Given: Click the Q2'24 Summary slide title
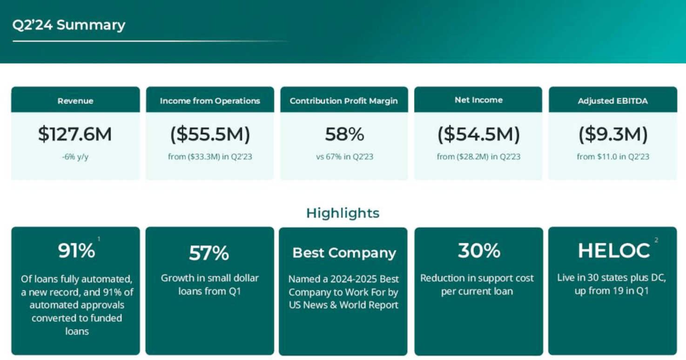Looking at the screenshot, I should pyautogui.click(x=69, y=25).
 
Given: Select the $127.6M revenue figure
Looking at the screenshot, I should pyautogui.click(x=75, y=134).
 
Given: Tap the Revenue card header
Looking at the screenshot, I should pyautogui.click(x=75, y=101).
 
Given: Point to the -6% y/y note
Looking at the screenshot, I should pyautogui.click(x=75, y=157).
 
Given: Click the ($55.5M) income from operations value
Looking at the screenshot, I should pyautogui.click(x=210, y=134).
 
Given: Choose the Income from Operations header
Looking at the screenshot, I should pyautogui.click(x=210, y=101).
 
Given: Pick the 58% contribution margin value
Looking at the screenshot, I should pyautogui.click(x=344, y=134).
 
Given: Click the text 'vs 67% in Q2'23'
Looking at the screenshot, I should pyautogui.click(x=344, y=157).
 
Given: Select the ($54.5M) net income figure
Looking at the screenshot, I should pyautogui.click(x=478, y=134).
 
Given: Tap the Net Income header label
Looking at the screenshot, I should pyautogui.click(x=478, y=100).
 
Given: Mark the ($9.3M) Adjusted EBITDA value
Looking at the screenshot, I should pyautogui.click(x=613, y=134).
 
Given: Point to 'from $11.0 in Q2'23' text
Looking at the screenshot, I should pyautogui.click(x=613, y=157).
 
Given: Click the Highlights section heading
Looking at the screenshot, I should pyautogui.click(x=343, y=213).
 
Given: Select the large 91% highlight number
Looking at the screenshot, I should pyautogui.click(x=76, y=251).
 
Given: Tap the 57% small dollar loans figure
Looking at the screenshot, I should pyautogui.click(x=209, y=253).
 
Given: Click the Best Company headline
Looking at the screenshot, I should pyautogui.click(x=344, y=253).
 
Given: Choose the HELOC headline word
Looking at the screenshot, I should pyautogui.click(x=613, y=251).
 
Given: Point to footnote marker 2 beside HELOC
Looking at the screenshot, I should pyautogui.click(x=656, y=240).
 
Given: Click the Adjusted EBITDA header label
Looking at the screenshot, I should pyautogui.click(x=613, y=101).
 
